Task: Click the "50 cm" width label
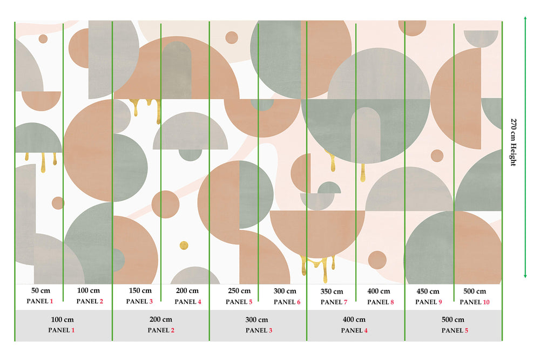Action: [x=40, y=290]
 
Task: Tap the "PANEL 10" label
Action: [x=475, y=302]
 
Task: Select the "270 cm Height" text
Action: [x=513, y=142]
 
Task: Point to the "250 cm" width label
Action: [x=239, y=291]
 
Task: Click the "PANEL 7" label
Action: [x=334, y=302]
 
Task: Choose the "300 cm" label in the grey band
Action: [x=256, y=320]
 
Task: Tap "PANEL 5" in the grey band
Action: [x=455, y=330]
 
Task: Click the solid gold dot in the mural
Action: [x=184, y=246]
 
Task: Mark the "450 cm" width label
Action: [x=428, y=291]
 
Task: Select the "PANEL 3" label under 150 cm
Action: [x=139, y=302]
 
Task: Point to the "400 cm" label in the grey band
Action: [x=354, y=320]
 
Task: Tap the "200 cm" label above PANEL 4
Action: [x=187, y=291]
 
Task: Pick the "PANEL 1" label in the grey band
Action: [x=62, y=330]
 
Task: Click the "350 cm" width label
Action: [x=332, y=291]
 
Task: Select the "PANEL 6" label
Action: [x=287, y=302]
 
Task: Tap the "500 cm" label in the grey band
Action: [x=453, y=320]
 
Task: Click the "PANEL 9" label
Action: [x=428, y=302]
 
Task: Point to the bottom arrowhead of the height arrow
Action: [x=525, y=276]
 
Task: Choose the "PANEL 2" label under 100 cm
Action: [x=90, y=301]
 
